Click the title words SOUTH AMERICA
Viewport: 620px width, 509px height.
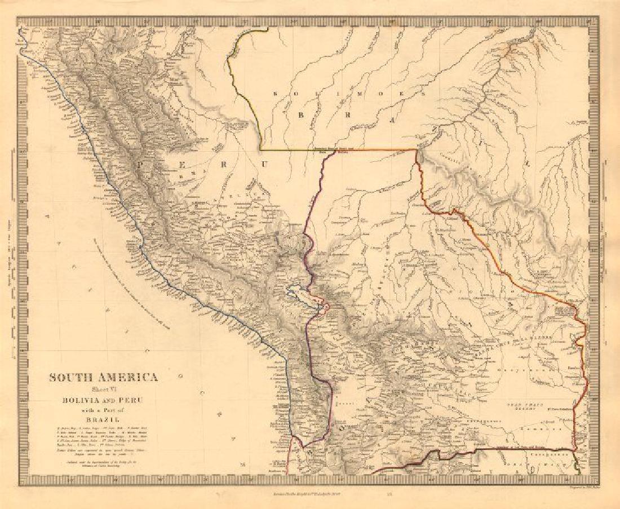coord(103,378)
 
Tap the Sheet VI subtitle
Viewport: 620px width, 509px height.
coord(103,389)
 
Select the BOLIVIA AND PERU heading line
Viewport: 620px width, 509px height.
coord(103,400)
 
